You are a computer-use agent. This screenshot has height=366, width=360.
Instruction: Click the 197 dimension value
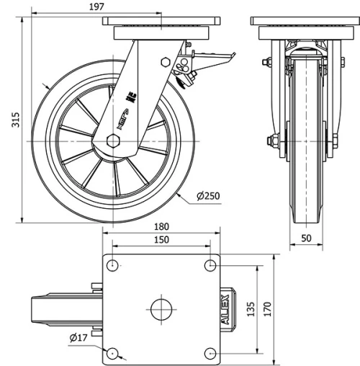[97, 6]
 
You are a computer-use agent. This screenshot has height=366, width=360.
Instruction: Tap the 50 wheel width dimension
[307, 237]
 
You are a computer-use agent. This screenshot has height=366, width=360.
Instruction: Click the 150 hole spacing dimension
[161, 240]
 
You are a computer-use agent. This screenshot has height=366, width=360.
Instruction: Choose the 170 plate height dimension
[267, 309]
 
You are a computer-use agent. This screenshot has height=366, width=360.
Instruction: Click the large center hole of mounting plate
[161, 310]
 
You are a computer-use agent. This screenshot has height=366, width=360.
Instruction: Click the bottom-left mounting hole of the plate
[112, 353]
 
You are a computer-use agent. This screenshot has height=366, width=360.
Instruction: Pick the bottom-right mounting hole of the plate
[210, 353]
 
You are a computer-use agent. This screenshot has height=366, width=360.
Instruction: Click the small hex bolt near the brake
[166, 63]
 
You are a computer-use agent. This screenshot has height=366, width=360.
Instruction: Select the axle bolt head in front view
[274, 140]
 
